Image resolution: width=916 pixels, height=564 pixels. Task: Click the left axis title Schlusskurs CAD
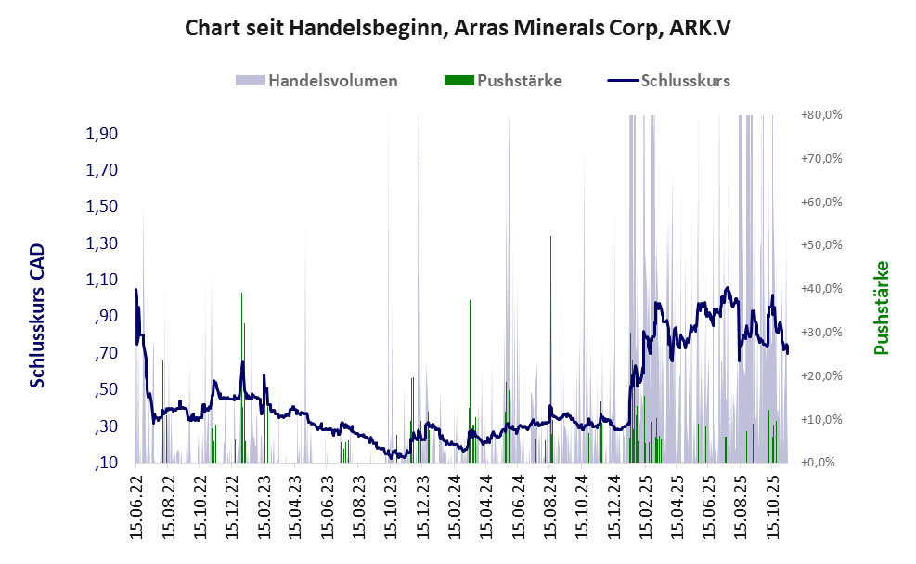click(x=37, y=316)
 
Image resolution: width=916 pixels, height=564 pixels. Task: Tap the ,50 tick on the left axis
click(x=107, y=389)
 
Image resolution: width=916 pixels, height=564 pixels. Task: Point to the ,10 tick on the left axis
click(x=107, y=463)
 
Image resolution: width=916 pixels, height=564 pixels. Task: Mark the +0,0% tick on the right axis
click(x=821, y=462)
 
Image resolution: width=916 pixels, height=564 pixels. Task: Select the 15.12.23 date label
click(x=423, y=506)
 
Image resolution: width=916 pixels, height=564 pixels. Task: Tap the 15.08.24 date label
click(x=550, y=506)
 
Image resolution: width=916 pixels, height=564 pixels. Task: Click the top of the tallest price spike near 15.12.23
click(x=419, y=159)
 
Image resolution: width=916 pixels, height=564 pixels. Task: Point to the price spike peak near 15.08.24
click(x=550, y=237)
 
